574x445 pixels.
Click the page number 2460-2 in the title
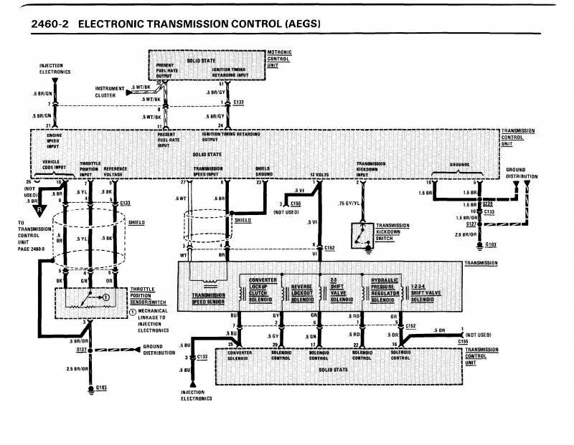point(50,24)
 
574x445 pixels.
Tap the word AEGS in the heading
point(298,24)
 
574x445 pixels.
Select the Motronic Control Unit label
point(278,59)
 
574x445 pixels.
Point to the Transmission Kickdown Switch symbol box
point(360,236)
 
